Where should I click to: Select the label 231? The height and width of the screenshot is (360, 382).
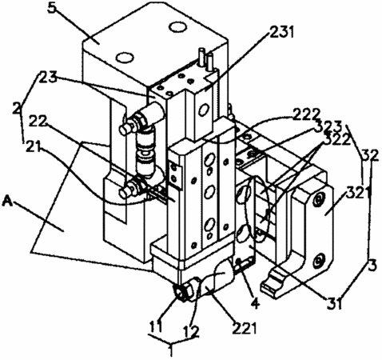coord(281,33)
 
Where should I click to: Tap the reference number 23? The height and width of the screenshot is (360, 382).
coord(48,77)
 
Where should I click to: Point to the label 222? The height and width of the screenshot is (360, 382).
coord(306,114)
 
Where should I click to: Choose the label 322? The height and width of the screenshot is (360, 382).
coord(336,139)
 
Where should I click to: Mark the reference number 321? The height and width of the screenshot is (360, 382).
coord(360,193)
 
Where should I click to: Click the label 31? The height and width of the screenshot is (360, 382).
coord(335,303)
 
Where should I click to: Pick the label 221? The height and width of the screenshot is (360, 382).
coord(245,328)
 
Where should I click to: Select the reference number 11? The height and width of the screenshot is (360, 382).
coord(156,326)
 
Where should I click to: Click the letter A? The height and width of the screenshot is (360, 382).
coord(7,202)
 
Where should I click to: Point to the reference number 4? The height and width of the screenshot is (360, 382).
coord(255,303)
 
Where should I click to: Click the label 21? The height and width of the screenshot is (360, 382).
coord(34,146)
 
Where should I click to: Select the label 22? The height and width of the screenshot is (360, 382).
coord(38,122)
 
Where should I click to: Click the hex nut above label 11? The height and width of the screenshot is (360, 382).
coord(183,293)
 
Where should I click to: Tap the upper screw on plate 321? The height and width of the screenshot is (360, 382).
coord(318,200)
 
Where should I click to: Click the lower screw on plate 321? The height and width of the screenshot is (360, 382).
coord(318,260)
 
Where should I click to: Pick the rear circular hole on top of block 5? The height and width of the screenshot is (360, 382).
coord(177,27)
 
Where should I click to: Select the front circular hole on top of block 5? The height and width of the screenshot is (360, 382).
coord(125,57)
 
